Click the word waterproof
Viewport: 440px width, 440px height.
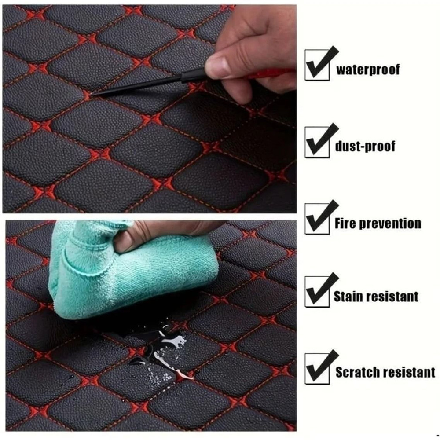click(368, 70)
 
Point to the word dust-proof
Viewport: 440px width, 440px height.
click(365, 146)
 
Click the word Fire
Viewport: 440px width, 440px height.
click(345, 223)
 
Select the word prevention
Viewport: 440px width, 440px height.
click(390, 224)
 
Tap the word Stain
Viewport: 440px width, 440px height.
click(347, 296)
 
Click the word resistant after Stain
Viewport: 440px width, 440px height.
click(394, 296)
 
